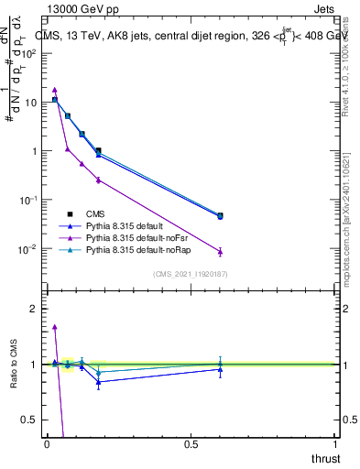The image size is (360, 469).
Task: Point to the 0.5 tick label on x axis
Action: click(x=191, y=443)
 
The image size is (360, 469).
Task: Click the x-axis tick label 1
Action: click(x=335, y=443)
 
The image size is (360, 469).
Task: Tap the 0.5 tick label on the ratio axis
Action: click(x=29, y=420)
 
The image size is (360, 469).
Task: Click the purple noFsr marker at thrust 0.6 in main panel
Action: click(x=220, y=252)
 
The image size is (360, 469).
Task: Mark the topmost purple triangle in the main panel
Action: click(x=55, y=90)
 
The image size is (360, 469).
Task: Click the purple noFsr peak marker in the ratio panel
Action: click(x=55, y=326)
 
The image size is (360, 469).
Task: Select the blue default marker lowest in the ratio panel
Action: click(x=98, y=382)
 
